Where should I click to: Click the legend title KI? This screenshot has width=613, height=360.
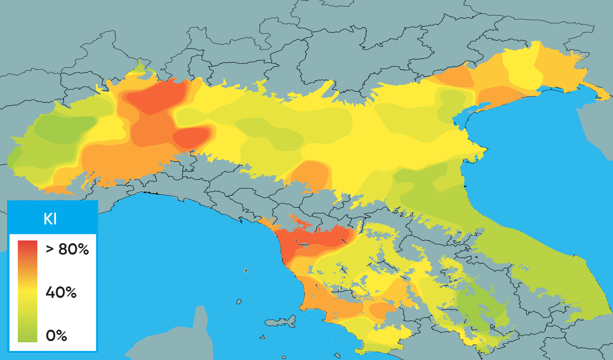click(50, 219)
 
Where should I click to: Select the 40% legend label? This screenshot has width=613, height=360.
click(61, 292)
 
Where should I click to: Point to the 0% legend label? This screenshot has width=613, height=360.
click(56, 336)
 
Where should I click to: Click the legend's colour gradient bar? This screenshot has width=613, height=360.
click(28, 291)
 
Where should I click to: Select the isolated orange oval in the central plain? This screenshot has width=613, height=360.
click(311, 175)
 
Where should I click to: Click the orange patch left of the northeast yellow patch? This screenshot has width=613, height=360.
click(455, 77)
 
